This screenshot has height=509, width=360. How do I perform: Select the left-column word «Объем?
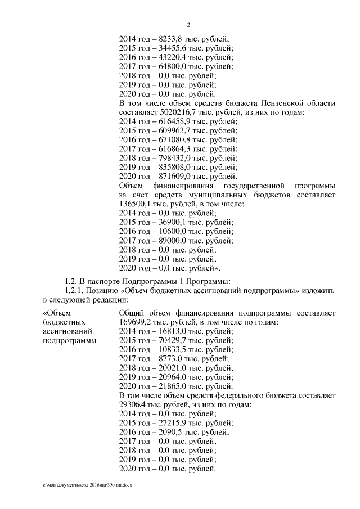click(x=56, y=313)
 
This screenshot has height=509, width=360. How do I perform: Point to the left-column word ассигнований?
click(x=66, y=331)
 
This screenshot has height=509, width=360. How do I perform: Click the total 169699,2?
click(x=138, y=322)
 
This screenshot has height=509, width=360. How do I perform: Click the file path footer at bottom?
click(x=89, y=484)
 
